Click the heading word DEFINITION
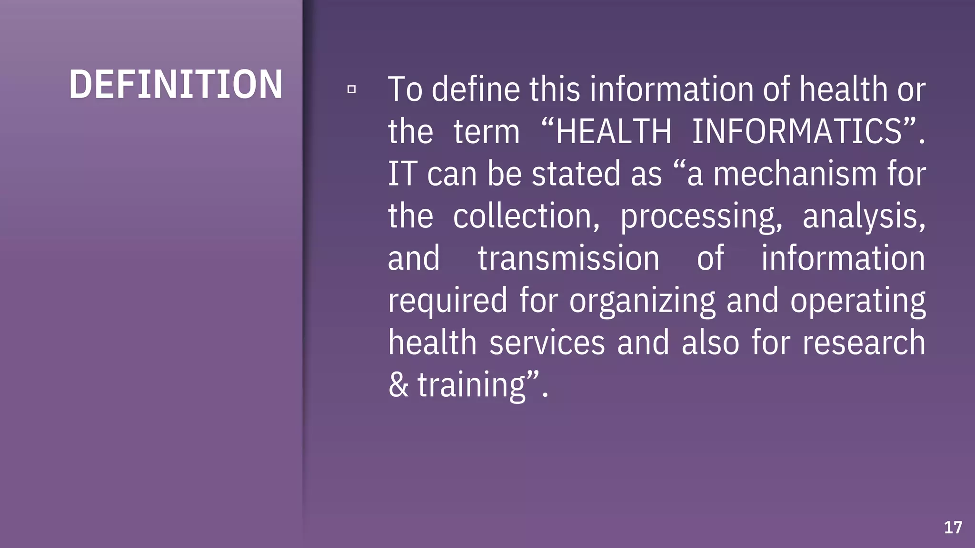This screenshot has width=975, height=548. point(176,85)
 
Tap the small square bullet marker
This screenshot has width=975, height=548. point(351,89)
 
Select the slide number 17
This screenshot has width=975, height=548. point(953,528)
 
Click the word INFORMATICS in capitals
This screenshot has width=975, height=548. point(796,131)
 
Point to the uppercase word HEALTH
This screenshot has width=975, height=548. point(613,131)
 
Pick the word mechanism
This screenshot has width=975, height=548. point(795,174)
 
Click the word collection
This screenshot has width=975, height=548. point(526,216)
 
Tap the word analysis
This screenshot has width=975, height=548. point(864,216)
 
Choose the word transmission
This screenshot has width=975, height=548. point(568,258)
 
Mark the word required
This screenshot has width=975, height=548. point(448,301)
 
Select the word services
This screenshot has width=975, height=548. point(547,342)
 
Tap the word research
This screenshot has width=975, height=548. point(864,342)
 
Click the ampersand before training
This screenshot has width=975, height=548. point(398,385)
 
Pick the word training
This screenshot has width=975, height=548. point(471,385)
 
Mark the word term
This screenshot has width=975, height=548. point(486,131)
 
